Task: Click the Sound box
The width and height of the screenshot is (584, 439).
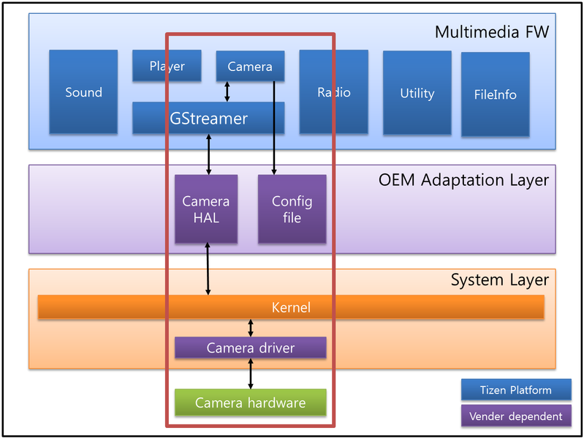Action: tap(83, 92)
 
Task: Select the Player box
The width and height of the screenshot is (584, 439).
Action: tap(167, 66)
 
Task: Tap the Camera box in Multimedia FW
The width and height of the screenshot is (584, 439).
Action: tap(250, 66)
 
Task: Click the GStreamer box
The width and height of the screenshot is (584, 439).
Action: tap(208, 118)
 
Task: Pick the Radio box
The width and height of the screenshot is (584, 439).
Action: tap(333, 92)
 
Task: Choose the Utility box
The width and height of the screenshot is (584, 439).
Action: tap(417, 93)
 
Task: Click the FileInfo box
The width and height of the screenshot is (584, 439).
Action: tap(495, 94)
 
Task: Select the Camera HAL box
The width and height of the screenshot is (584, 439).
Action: tap(206, 209)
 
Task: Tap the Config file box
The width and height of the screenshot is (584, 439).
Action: tap(292, 209)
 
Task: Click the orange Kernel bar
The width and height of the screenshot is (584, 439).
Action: tap(291, 307)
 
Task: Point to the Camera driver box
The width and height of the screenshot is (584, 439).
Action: tap(251, 348)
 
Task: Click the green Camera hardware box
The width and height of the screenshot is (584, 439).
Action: tap(251, 402)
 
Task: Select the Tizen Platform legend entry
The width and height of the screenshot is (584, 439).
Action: tap(516, 389)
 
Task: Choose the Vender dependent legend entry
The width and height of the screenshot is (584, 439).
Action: tap(516, 416)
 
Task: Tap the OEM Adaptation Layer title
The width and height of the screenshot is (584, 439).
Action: tap(463, 179)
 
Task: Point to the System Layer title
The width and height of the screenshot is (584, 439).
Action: tap(499, 279)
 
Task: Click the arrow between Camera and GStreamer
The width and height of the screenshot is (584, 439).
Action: tap(227, 91)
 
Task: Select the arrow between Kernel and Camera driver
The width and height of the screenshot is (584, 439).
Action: tap(251, 328)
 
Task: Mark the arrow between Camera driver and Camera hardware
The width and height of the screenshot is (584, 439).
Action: tap(251, 374)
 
